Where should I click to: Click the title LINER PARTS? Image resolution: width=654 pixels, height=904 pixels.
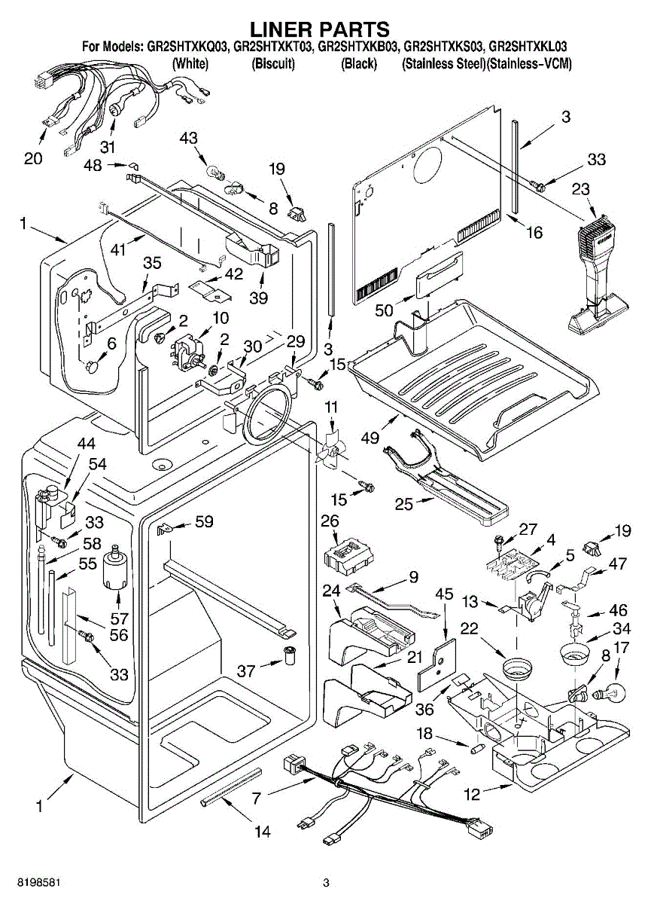[320, 29]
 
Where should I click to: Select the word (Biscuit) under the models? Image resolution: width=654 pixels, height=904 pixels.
[272, 64]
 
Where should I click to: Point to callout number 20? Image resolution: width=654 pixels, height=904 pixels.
[33, 158]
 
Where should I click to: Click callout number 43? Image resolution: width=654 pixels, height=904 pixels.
[188, 138]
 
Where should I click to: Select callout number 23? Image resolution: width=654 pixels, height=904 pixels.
[580, 190]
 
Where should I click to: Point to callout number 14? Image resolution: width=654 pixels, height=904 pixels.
[262, 832]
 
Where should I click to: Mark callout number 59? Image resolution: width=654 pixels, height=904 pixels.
[204, 521]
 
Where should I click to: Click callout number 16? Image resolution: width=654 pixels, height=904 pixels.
[534, 233]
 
